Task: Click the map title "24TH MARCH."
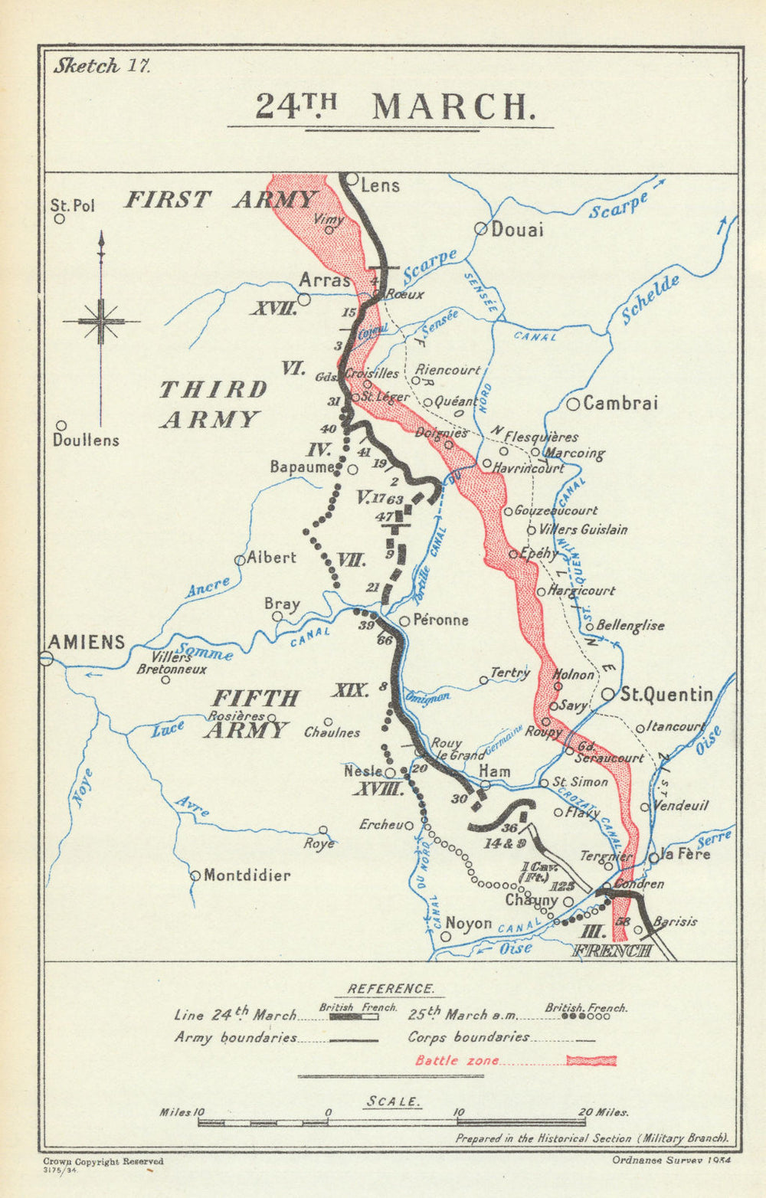point(393,106)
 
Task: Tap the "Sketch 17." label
point(102,66)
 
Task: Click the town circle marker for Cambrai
point(573,404)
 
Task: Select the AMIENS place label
point(87,642)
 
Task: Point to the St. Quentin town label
point(666,695)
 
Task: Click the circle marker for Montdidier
point(195,876)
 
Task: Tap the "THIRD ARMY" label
point(213,404)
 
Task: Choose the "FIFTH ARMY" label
point(247,713)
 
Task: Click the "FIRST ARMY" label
point(220,200)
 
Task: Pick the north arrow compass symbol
point(100,321)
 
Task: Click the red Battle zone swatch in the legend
point(591,1060)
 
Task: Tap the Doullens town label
point(86,440)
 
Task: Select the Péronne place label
point(440,620)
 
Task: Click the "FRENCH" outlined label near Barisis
point(612,951)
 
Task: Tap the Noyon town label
point(469,923)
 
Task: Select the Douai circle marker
point(481,228)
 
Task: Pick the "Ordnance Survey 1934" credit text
point(672,1160)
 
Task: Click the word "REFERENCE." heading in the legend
point(390,989)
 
